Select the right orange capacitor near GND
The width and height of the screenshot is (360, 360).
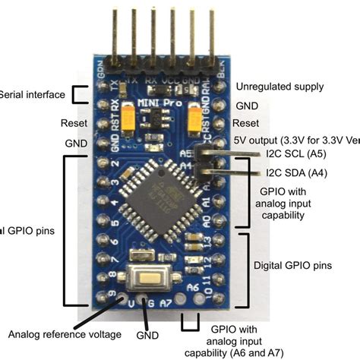click(193, 117)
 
